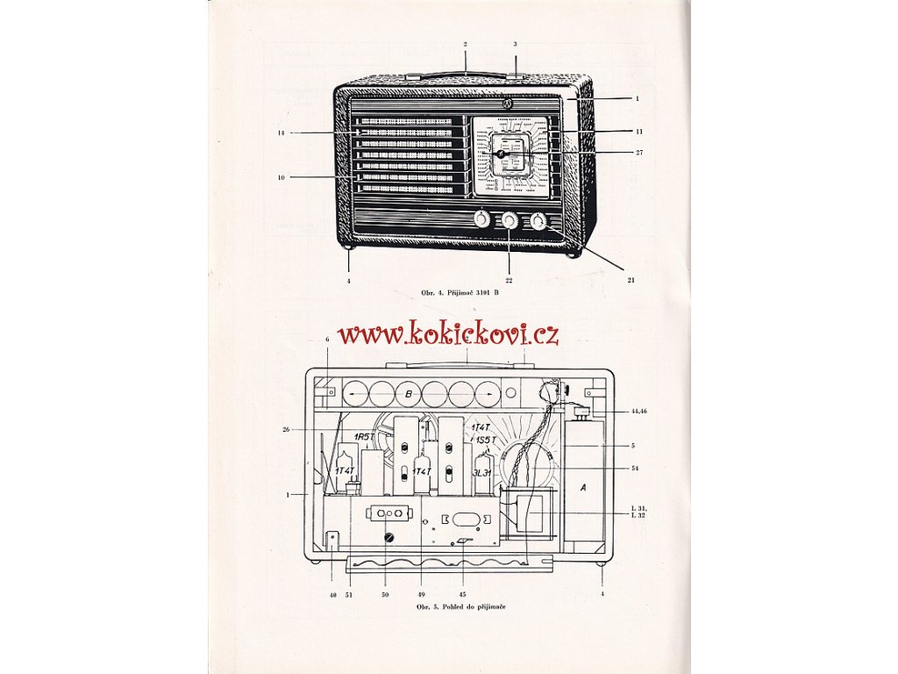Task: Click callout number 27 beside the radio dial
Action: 639,153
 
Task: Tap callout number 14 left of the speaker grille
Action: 282,133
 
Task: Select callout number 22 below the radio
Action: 509,280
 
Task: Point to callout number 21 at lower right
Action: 631,280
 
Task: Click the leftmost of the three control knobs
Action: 481,220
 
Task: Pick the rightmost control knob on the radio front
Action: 538,221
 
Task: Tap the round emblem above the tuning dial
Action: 508,104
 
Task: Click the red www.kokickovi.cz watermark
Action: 448,333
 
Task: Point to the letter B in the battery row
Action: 409,394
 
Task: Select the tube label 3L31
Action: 481,473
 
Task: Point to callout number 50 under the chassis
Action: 382,593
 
